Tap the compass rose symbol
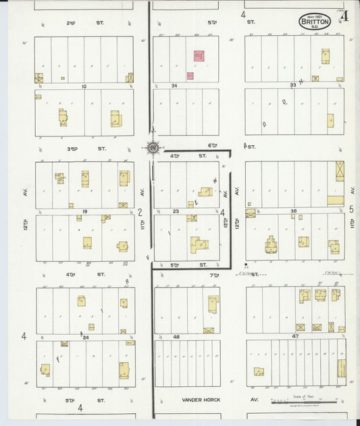pyautogui.click(x=153, y=147)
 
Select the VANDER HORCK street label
pyautogui.click(x=201, y=400)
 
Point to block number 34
pyautogui.click(x=174, y=86)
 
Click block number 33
pyautogui.click(x=293, y=86)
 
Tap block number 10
pyautogui.click(x=84, y=86)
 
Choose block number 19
pyautogui.click(x=84, y=211)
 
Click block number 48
pyautogui.click(x=176, y=337)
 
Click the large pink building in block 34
pyautogui.click(x=200, y=55)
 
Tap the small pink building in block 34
pyautogui.click(x=190, y=76)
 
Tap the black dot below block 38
pyautogui.click(x=246, y=264)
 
